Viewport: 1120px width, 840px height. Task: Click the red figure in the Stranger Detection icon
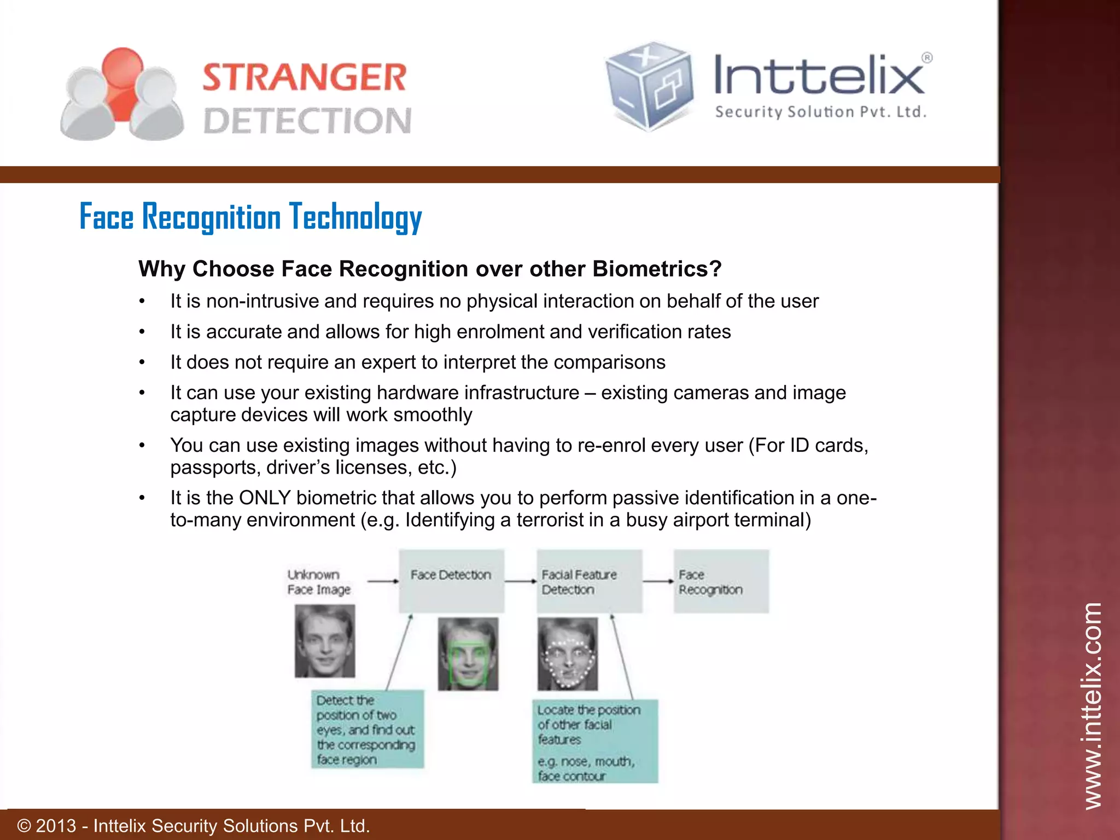[122, 82]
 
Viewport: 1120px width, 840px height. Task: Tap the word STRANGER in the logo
[305, 77]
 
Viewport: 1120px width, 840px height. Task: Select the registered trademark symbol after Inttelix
[926, 57]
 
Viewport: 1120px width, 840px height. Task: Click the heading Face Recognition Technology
[250, 217]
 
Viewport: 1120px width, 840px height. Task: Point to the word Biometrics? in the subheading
[657, 269]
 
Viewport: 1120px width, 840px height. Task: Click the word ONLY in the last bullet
[265, 498]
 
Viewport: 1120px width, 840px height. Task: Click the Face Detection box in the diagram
[451, 581]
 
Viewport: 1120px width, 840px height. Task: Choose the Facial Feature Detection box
[589, 581]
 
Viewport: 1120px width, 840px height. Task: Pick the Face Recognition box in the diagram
[721, 581]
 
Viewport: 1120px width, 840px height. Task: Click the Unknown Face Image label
[318, 582]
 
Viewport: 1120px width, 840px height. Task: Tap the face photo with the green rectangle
[468, 654]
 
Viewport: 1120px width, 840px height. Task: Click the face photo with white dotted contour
[568, 654]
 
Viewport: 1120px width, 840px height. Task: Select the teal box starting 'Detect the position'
[367, 729]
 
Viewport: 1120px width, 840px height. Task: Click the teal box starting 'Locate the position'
[595, 741]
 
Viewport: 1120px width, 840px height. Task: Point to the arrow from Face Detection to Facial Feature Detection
[520, 581]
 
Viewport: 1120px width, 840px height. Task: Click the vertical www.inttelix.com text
[1092, 705]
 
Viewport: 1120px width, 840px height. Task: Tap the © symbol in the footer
[24, 826]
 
